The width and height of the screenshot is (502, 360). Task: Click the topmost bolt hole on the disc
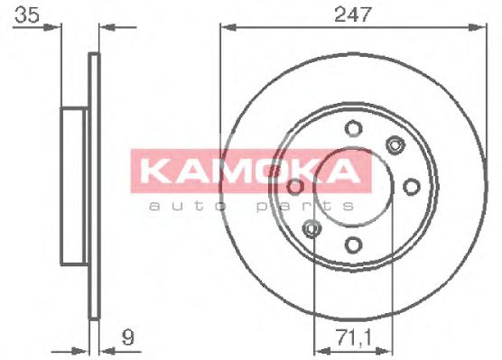point(353,127)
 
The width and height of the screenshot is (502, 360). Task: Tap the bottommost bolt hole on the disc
point(353,244)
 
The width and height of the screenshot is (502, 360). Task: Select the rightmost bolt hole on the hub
point(412,186)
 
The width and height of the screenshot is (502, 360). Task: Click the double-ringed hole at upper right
point(394,143)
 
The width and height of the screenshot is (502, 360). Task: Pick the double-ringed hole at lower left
point(312,228)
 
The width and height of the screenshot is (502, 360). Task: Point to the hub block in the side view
point(75,186)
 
